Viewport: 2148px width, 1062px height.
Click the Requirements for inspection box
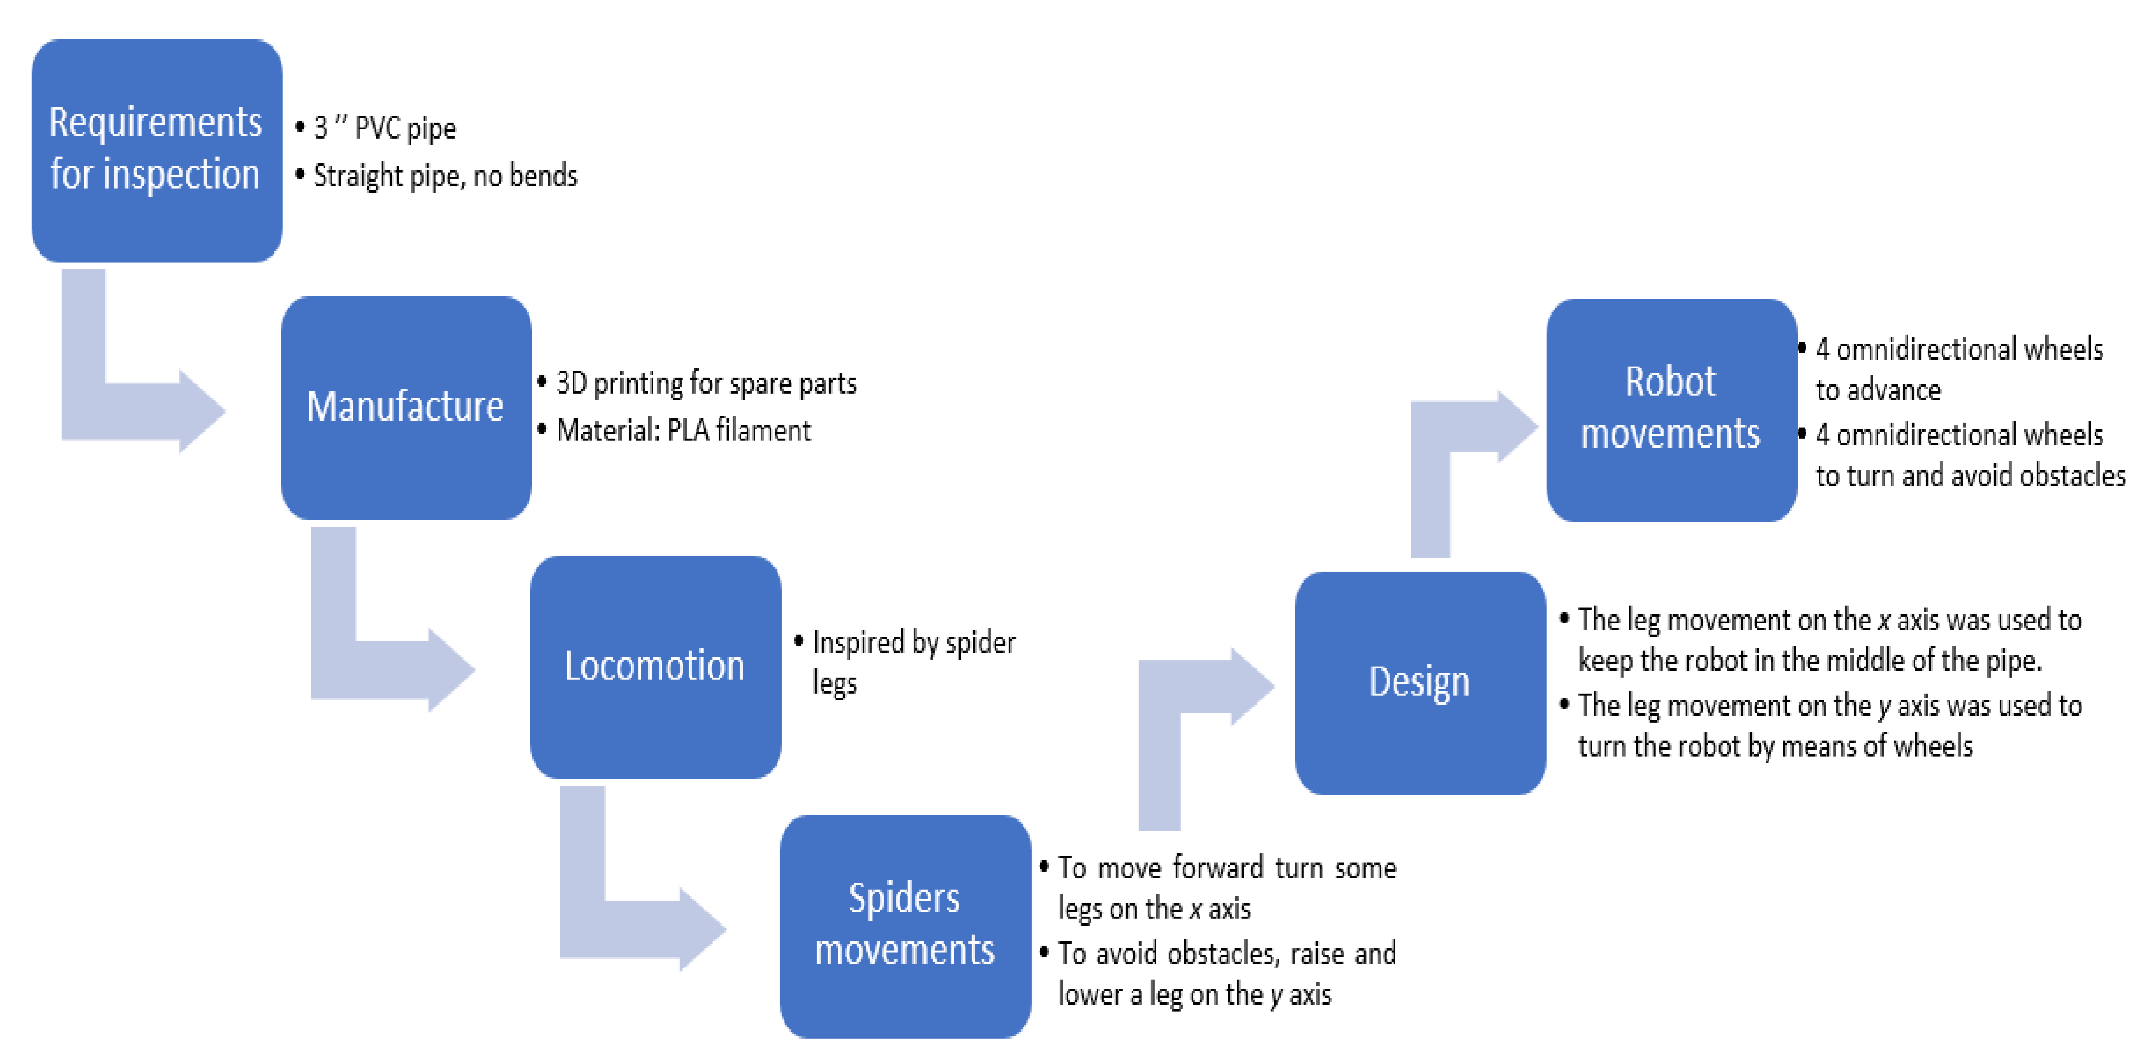(156, 150)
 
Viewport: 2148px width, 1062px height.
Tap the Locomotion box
(655, 666)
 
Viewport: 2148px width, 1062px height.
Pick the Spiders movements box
(905, 926)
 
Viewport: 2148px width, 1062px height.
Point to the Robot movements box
(1670, 409)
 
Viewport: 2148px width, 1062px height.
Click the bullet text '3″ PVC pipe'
(384, 128)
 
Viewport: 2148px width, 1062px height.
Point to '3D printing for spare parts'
(706, 384)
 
